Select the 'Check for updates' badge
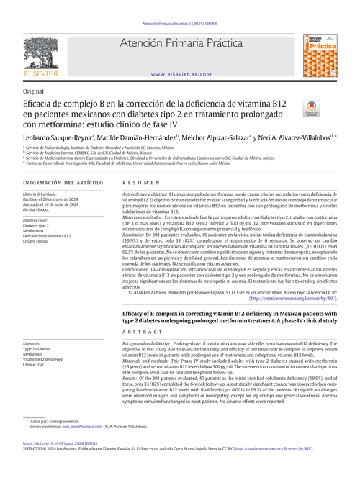[x=312, y=110]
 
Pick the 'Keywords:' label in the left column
[x=36, y=345]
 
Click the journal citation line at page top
[x=179, y=24]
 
